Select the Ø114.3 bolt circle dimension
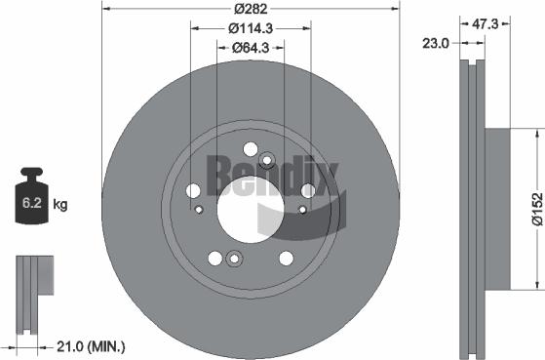coord(251,28)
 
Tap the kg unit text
coord(60,204)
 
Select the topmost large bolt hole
coord(251,150)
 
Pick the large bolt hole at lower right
coord(286,259)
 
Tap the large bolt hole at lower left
coord(214,259)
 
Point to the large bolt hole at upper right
coord(308,191)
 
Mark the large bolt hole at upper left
coord(192,191)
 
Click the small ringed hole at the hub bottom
coord(233,259)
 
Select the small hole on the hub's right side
coord(302,209)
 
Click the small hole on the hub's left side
coord(198,209)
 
